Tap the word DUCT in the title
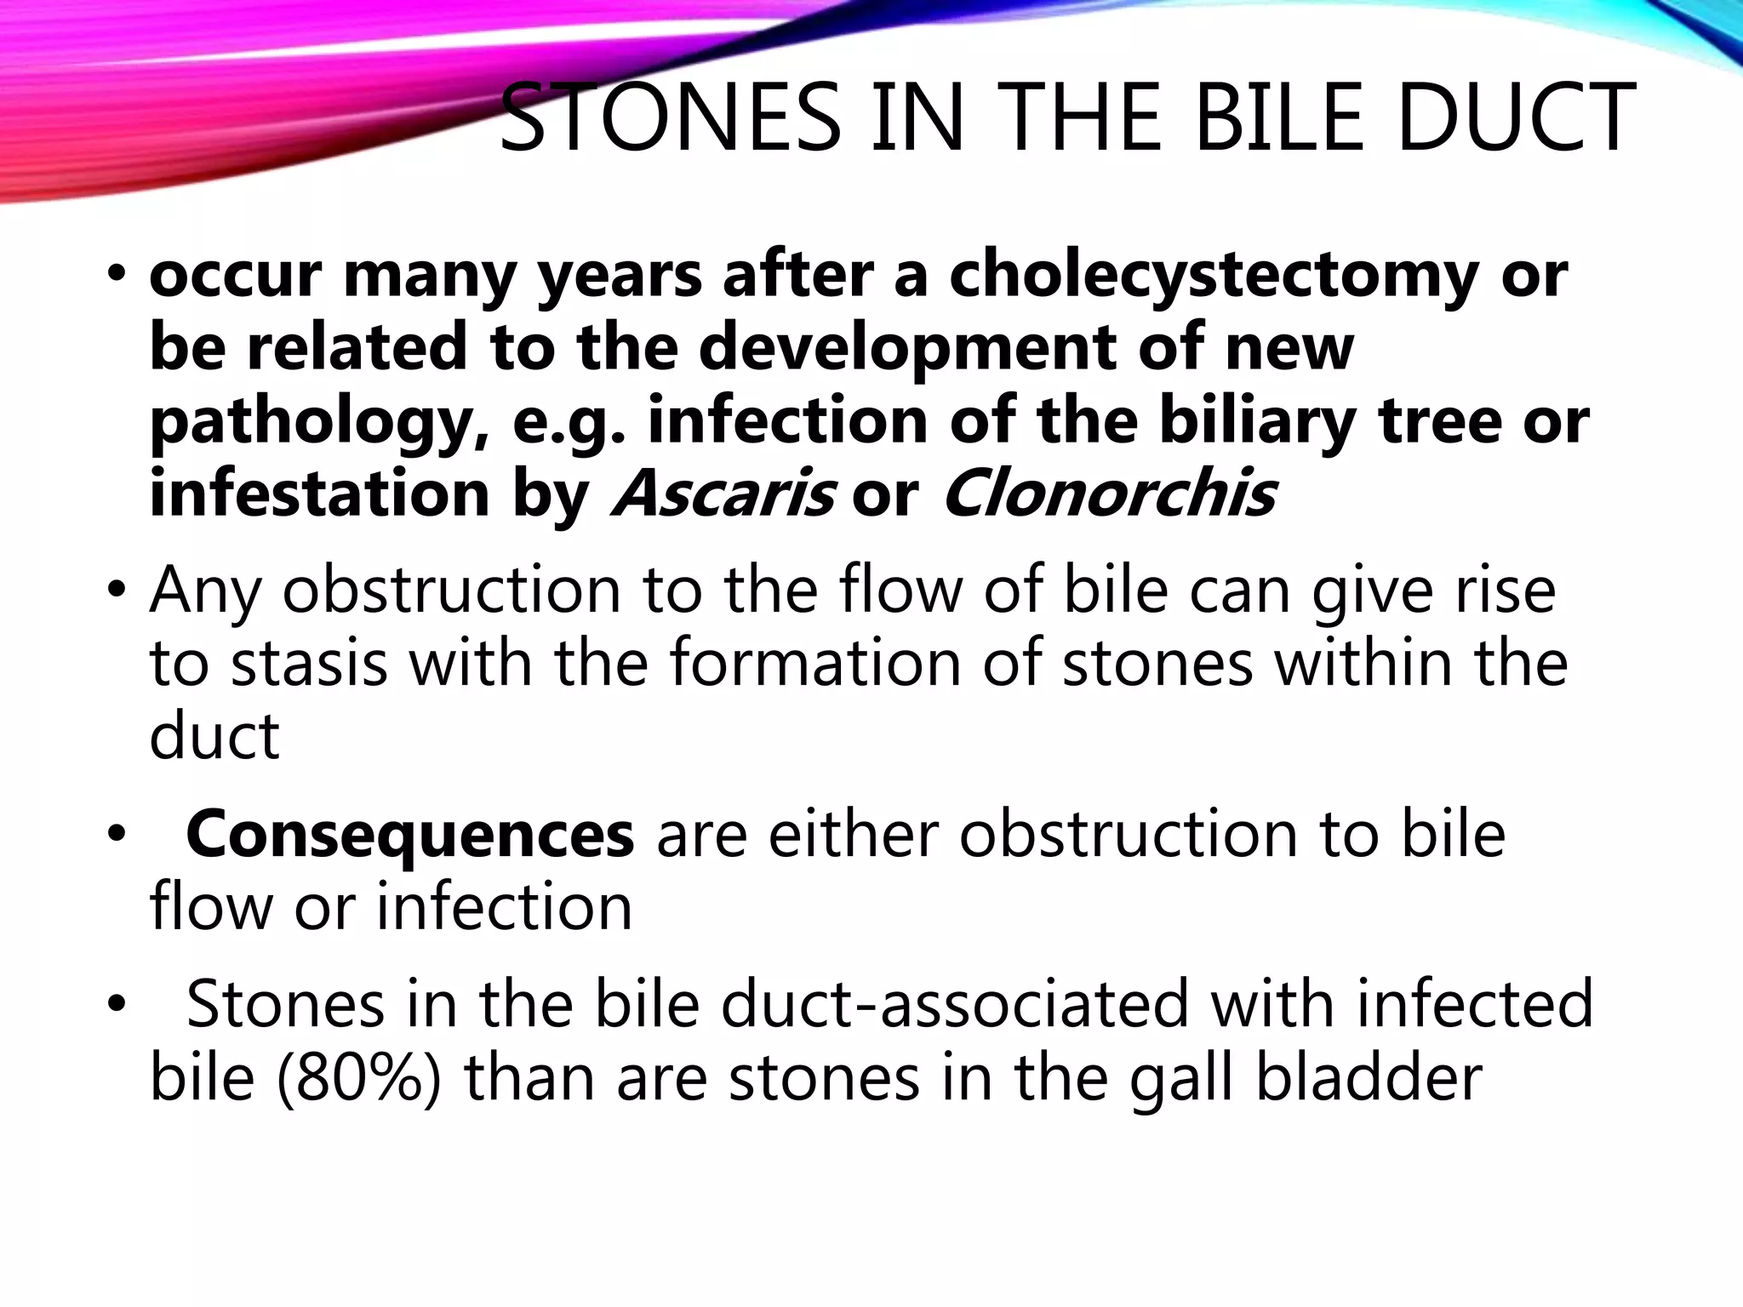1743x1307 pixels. click(x=1515, y=118)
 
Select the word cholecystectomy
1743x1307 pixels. click(x=1213, y=277)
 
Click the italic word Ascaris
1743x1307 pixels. click(x=723, y=494)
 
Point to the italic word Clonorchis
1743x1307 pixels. click(x=1108, y=494)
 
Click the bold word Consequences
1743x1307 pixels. click(x=409, y=835)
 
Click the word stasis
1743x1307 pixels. click(x=310, y=663)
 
